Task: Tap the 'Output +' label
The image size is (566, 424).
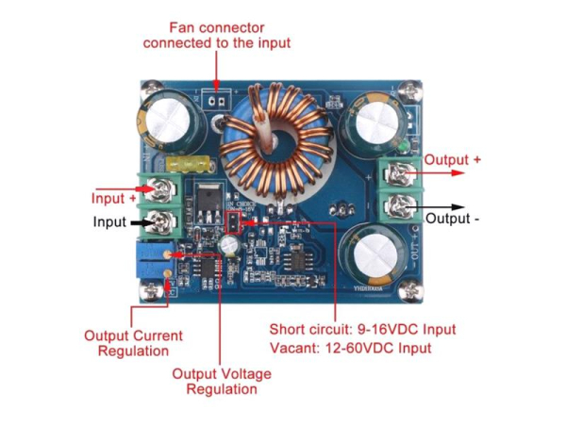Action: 453,159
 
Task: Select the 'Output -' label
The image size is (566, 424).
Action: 453,219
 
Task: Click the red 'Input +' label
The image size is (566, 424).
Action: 114,199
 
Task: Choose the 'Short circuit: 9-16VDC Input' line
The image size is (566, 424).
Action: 362,329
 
